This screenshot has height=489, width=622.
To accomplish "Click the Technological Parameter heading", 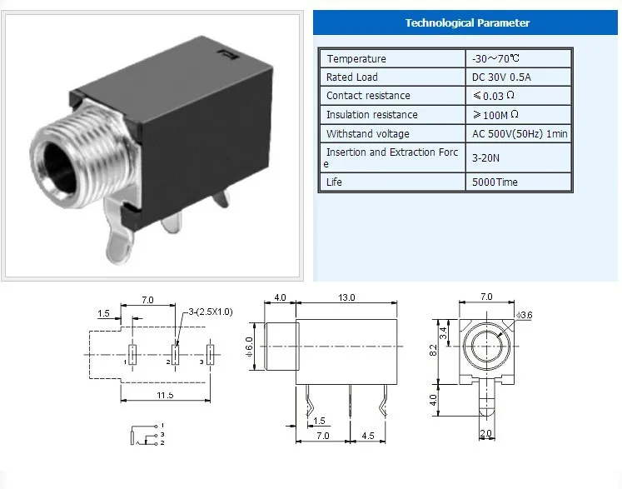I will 466,22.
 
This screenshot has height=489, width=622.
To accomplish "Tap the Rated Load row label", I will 352,77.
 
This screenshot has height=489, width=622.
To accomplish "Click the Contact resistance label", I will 367,96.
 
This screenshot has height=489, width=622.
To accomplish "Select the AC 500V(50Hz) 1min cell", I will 516,133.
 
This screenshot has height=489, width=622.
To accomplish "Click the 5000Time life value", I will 496,182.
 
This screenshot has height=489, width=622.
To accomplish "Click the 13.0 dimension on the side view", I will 346,297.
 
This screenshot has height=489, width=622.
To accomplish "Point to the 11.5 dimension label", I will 166,394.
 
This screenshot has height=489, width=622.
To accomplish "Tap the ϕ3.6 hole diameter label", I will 523,314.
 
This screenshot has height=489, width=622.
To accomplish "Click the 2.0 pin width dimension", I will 485,434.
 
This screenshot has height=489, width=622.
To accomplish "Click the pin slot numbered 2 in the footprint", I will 176,352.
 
